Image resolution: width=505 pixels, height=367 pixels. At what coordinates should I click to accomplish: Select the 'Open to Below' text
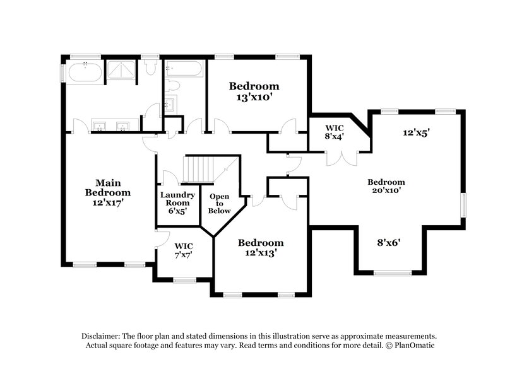click(x=219, y=204)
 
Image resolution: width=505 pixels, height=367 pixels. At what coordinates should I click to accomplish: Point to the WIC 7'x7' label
click(x=184, y=250)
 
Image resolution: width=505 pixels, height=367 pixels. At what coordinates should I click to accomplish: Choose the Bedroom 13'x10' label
click(x=254, y=91)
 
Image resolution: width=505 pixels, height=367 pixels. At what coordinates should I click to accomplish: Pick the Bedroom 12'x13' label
click(x=260, y=248)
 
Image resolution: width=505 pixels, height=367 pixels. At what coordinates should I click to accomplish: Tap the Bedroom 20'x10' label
click(x=386, y=185)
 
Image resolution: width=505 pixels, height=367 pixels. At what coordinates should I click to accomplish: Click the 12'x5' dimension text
click(x=417, y=133)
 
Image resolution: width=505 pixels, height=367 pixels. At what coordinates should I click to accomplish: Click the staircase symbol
click(x=199, y=169)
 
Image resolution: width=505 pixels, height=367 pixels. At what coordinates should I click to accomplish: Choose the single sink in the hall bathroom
click(x=171, y=104)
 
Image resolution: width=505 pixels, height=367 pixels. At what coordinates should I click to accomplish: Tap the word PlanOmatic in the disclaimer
click(x=417, y=346)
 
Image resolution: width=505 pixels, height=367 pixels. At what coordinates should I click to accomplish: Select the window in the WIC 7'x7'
click(x=184, y=280)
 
